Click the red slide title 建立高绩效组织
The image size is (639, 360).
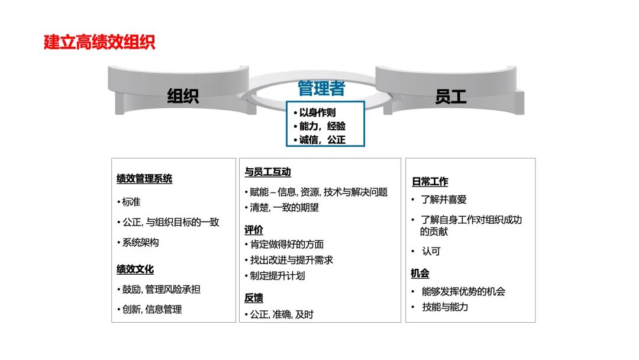(99, 43)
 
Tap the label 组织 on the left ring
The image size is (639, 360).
(183, 96)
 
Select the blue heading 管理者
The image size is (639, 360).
(321, 89)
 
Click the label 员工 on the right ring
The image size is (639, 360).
(451, 96)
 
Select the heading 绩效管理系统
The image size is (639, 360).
(144, 179)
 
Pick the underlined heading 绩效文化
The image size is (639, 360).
(135, 269)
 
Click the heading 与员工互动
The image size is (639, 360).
(267, 172)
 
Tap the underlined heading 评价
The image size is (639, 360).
(254, 230)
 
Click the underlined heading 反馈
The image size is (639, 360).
(254, 298)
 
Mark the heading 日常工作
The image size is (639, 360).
(430, 182)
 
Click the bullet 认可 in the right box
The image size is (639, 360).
(431, 251)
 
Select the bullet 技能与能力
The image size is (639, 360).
(445, 307)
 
